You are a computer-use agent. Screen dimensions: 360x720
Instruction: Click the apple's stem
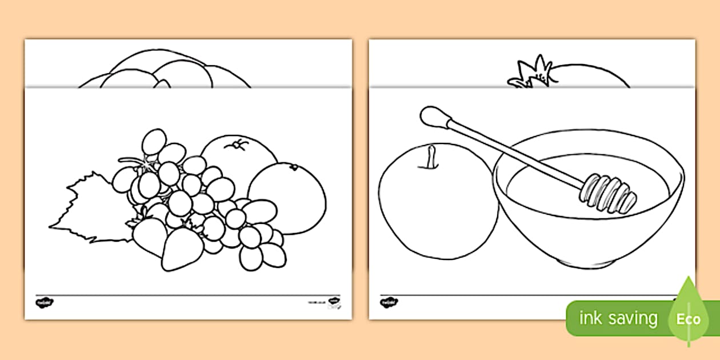click(x=429, y=157)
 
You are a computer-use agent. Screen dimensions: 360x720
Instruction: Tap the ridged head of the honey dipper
click(x=608, y=192)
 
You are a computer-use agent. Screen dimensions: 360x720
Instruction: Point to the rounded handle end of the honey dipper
click(x=429, y=115)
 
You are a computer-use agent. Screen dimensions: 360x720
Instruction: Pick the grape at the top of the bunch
click(x=154, y=141)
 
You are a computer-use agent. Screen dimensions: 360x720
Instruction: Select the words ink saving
click(x=618, y=318)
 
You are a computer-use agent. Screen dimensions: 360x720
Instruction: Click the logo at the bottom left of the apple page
click(x=389, y=302)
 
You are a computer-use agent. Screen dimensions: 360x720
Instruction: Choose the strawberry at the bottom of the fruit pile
click(x=182, y=250)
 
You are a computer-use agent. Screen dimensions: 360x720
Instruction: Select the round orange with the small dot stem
click(x=289, y=197)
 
